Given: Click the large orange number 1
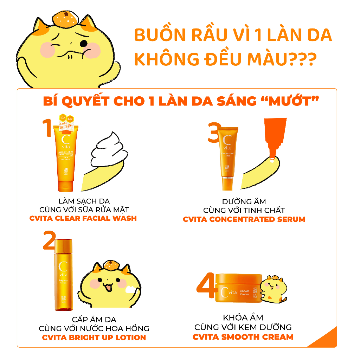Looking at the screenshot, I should [48, 128].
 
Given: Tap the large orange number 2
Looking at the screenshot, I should [49, 240].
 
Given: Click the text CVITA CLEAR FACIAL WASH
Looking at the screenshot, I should [83, 218].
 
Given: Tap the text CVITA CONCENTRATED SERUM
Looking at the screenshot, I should [244, 219].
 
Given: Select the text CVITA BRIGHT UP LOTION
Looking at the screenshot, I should [94, 337].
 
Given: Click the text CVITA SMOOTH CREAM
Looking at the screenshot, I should [243, 337].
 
